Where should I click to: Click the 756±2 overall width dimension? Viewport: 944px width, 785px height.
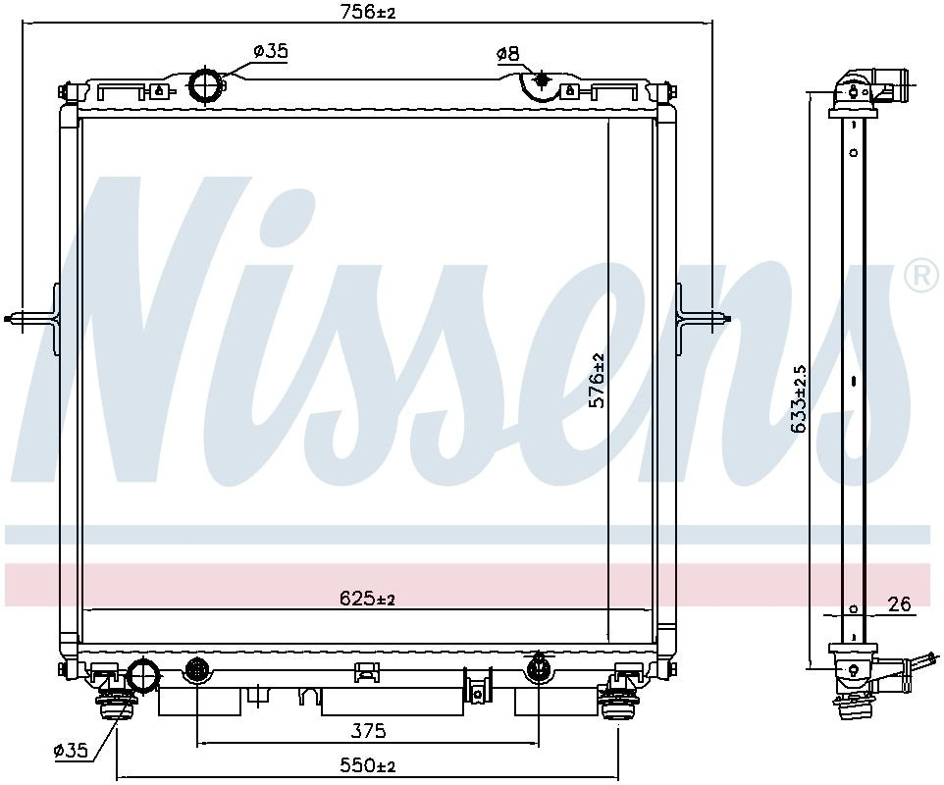click(x=368, y=13)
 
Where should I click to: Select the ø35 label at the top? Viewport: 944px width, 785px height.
click(x=270, y=52)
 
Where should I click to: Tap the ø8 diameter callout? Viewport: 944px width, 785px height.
click(x=507, y=54)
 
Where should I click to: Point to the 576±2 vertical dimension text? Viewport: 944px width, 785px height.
click(x=597, y=381)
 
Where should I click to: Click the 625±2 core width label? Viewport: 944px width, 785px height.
click(x=367, y=599)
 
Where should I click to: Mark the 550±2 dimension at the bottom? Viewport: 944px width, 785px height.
click(x=367, y=765)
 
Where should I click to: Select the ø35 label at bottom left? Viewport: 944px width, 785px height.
click(x=71, y=751)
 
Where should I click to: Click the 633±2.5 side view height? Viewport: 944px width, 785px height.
click(x=799, y=398)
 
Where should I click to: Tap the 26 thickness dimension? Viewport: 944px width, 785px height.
click(x=900, y=604)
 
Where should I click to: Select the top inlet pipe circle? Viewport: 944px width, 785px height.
click(x=206, y=85)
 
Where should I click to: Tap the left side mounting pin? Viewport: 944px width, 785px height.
click(x=29, y=317)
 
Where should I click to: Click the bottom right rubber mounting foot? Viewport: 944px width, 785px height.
click(x=617, y=702)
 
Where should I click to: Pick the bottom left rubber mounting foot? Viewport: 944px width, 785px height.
click(x=116, y=702)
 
